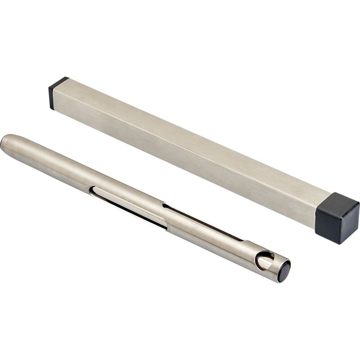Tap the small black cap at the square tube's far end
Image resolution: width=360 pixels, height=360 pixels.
[x=57, y=92]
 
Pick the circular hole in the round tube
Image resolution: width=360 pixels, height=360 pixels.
[x=264, y=261]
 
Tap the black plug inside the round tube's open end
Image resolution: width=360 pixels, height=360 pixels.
[x=283, y=273]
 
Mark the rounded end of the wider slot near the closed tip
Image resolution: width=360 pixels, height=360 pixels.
[x=92, y=191]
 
